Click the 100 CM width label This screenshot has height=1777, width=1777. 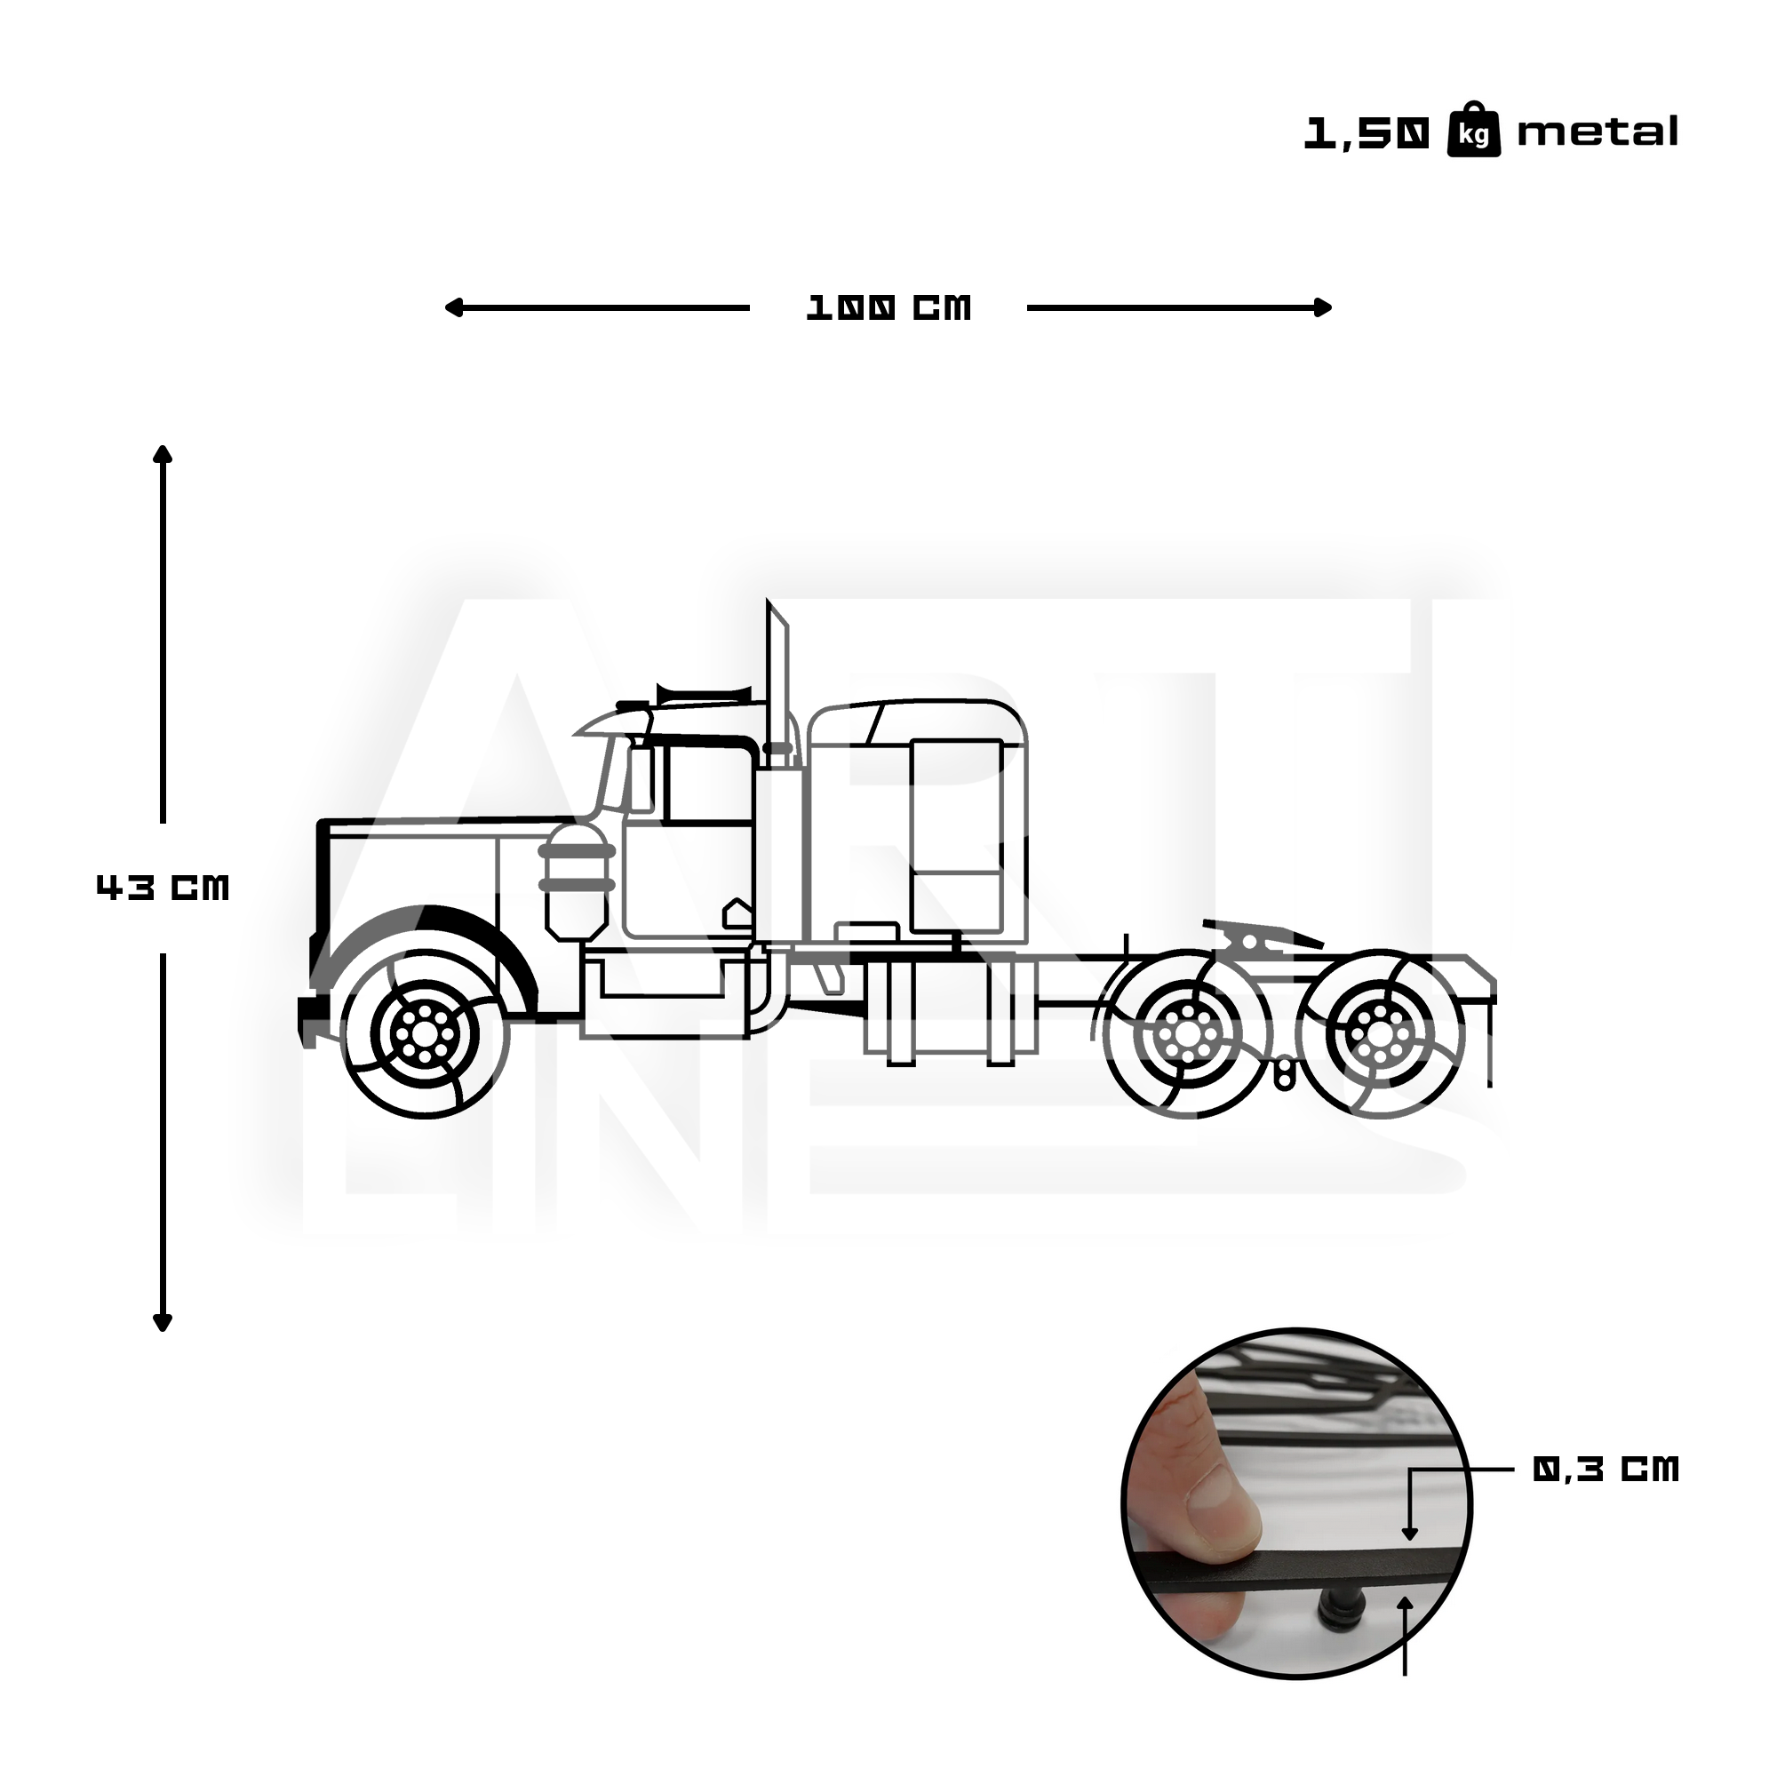pyautogui.click(x=888, y=308)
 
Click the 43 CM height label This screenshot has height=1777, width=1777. pyautogui.click(x=163, y=888)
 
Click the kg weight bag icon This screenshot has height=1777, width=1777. pyautogui.click(x=1473, y=132)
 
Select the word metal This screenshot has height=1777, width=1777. pyautogui.click(x=1597, y=132)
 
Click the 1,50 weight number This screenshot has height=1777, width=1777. pyautogui.click(x=1367, y=134)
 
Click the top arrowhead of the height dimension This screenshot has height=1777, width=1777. pyautogui.click(x=163, y=453)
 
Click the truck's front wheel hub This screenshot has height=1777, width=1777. pyautogui.click(x=424, y=1033)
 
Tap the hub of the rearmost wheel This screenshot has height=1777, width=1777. pyautogui.click(x=1377, y=1033)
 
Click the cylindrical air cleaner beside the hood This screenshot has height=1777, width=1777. pyautogui.click(x=576, y=879)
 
